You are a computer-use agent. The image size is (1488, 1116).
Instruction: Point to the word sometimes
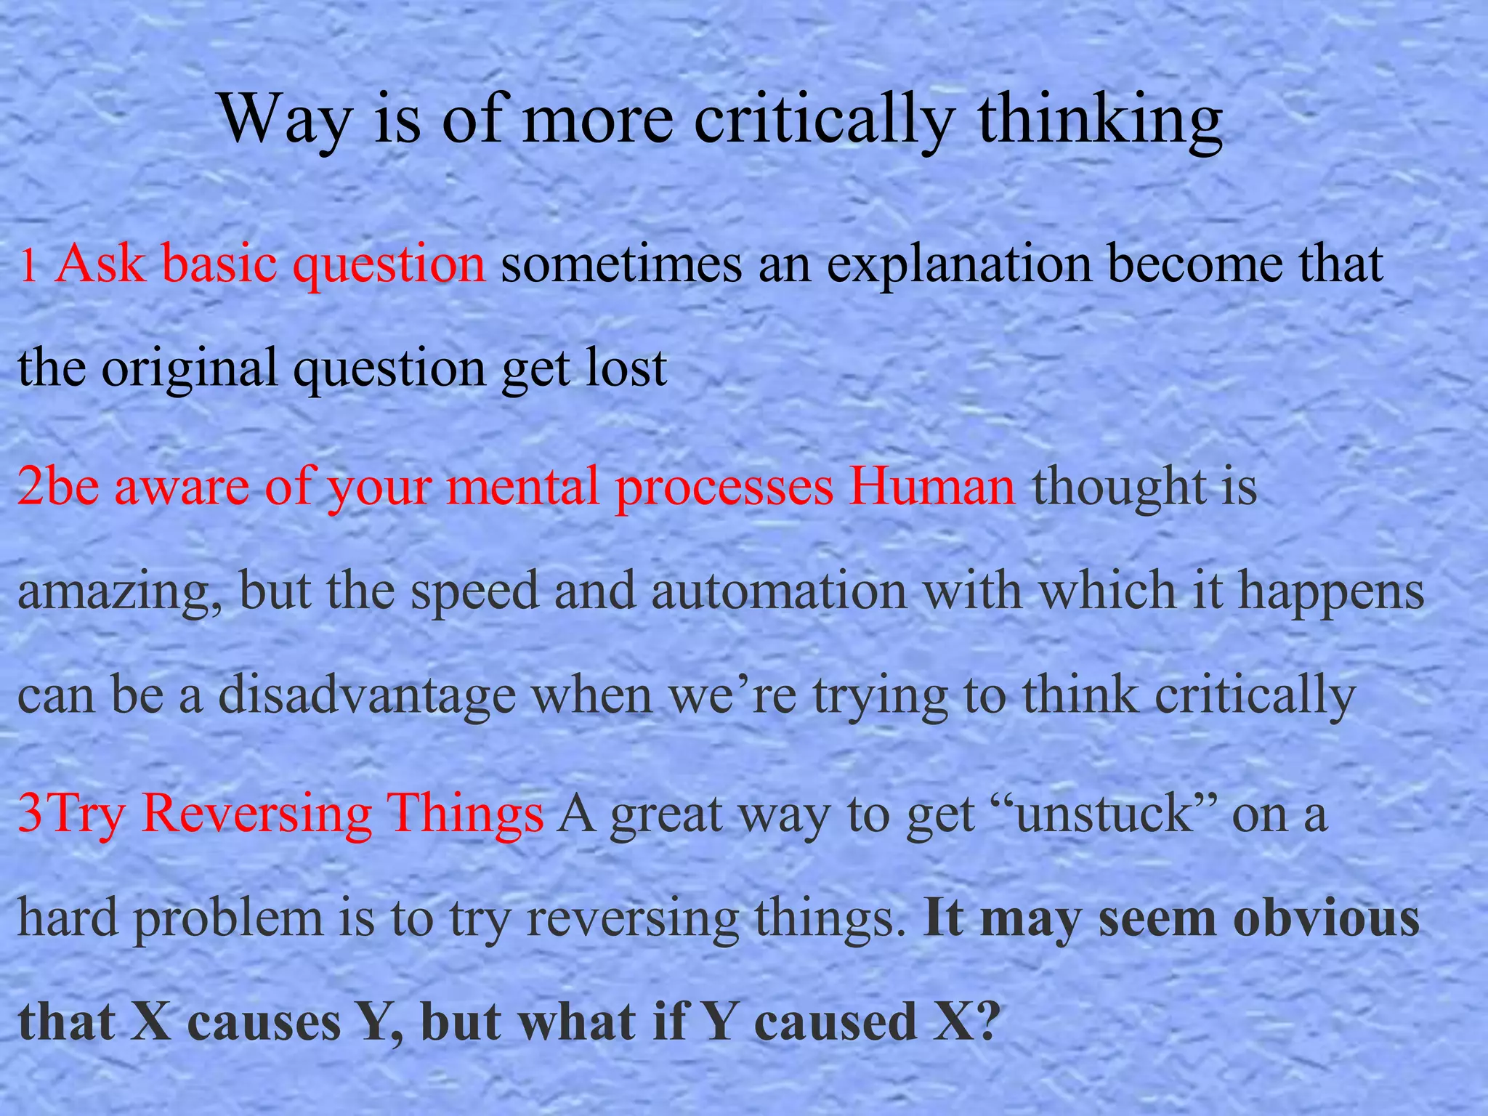point(621,263)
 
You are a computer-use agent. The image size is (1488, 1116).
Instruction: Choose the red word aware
point(182,487)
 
